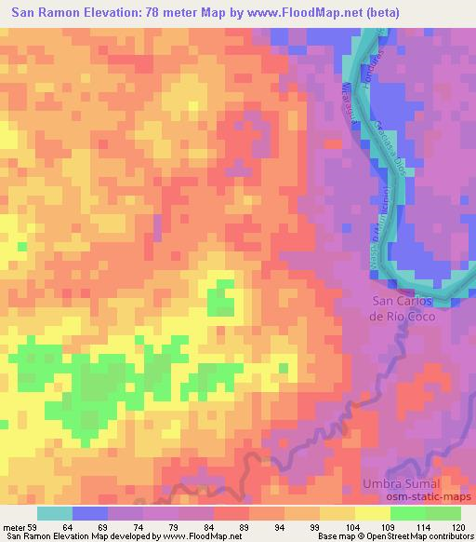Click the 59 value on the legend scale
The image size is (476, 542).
click(x=37, y=527)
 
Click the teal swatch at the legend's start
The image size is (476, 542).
click(x=55, y=513)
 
